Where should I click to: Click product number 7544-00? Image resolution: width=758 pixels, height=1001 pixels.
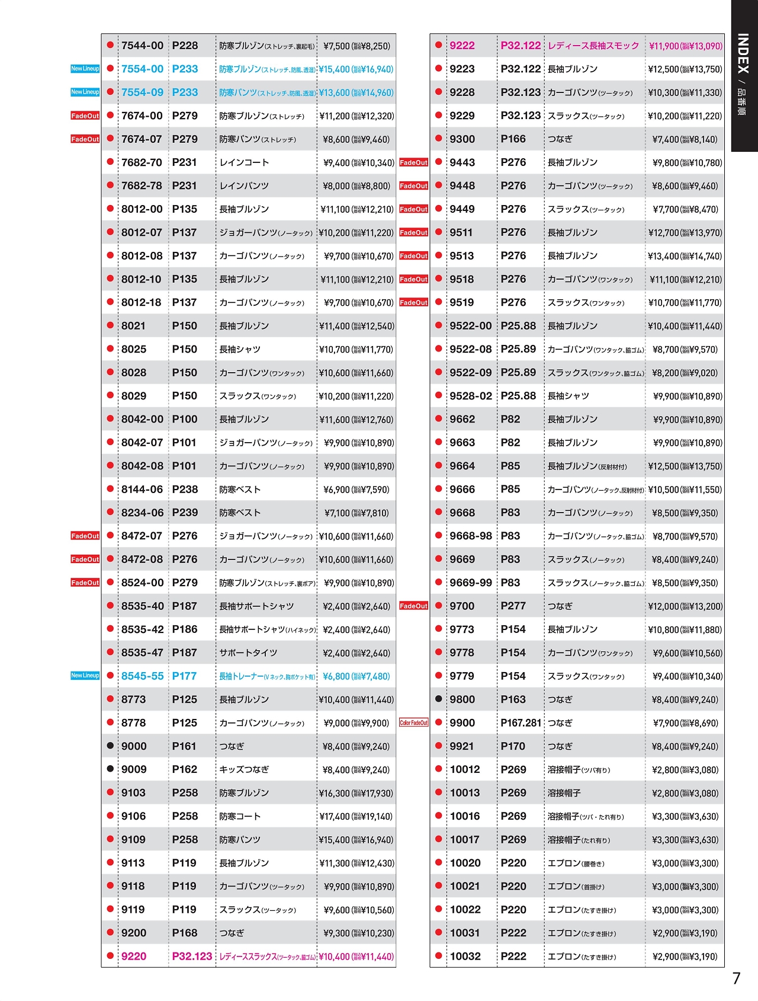(x=142, y=46)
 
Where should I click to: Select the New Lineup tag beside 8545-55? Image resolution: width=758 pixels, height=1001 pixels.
(x=85, y=676)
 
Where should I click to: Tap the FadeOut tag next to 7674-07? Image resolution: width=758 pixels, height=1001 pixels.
(x=85, y=139)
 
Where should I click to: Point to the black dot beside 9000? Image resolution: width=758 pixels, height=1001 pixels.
(x=110, y=746)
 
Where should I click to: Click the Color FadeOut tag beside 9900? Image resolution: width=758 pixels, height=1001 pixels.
(x=413, y=722)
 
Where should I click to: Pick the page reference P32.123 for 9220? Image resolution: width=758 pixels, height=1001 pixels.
(x=192, y=956)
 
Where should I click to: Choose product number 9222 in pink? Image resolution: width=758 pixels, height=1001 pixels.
(x=462, y=46)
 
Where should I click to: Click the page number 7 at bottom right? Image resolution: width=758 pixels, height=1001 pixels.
(x=736, y=978)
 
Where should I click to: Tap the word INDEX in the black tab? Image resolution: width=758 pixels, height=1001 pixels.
(x=744, y=53)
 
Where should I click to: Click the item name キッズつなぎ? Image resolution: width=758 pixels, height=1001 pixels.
(x=244, y=769)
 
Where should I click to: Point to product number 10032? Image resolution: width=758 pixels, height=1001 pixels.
(x=465, y=956)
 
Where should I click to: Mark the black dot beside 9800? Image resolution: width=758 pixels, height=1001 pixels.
(x=438, y=699)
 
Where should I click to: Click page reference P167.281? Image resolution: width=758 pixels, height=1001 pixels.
(x=521, y=722)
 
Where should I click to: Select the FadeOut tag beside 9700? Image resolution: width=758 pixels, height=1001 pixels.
(x=413, y=606)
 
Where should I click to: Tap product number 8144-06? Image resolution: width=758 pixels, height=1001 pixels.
(x=142, y=489)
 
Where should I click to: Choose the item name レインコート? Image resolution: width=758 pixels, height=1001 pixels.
(x=244, y=162)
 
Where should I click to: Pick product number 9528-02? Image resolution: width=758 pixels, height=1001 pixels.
(x=470, y=396)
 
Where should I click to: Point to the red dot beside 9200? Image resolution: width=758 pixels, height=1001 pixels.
(x=110, y=932)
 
